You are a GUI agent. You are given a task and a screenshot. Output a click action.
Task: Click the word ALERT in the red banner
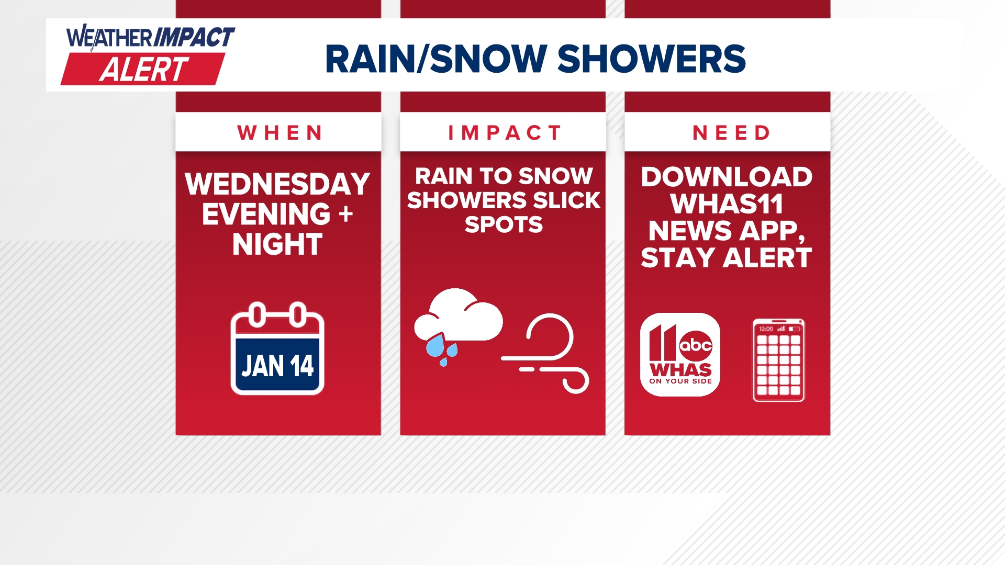click(x=144, y=70)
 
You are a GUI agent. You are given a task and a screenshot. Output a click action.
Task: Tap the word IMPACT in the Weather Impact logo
click(x=195, y=38)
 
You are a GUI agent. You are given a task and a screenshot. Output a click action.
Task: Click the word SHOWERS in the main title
click(x=651, y=59)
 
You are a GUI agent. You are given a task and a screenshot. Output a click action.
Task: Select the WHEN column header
click(x=280, y=133)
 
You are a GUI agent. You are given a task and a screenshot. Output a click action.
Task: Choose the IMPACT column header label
click(x=504, y=133)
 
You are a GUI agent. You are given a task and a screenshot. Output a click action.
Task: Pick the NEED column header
click(x=731, y=133)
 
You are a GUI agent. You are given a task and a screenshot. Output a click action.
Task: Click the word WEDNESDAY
click(x=277, y=184)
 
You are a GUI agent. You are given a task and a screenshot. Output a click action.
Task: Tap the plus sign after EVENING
click(x=345, y=214)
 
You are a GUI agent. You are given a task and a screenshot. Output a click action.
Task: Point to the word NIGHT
click(x=277, y=244)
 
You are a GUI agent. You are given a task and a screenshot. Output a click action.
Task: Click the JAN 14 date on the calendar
click(x=277, y=366)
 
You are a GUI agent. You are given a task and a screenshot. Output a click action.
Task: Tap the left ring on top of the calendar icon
click(x=257, y=314)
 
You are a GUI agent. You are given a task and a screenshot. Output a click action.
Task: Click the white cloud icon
click(x=461, y=317)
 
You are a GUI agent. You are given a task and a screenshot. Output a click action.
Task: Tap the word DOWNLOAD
click(x=727, y=177)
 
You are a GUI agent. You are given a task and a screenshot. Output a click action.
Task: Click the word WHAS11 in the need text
click(x=727, y=204)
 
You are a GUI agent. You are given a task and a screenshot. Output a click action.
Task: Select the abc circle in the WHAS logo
click(x=696, y=345)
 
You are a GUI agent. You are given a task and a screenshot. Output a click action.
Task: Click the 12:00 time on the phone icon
click(x=766, y=329)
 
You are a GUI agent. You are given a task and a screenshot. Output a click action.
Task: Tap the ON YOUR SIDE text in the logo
click(x=680, y=381)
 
